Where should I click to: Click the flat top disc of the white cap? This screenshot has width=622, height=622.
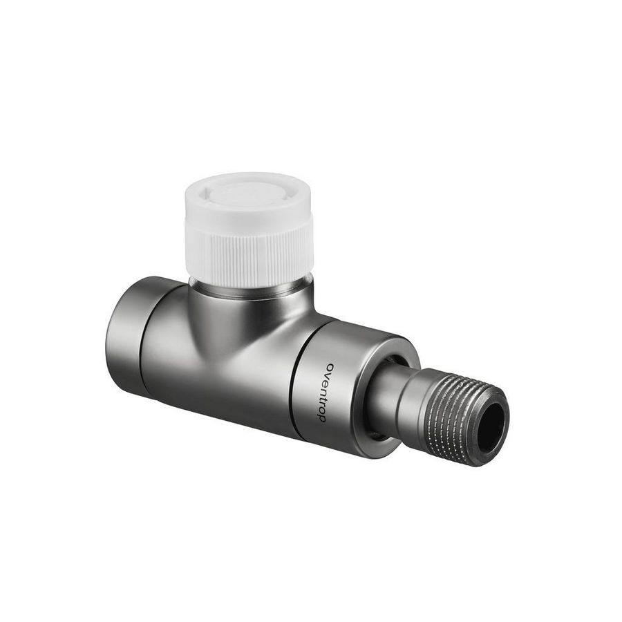click(249, 194)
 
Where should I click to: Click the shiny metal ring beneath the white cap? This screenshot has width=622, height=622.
click(250, 289)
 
